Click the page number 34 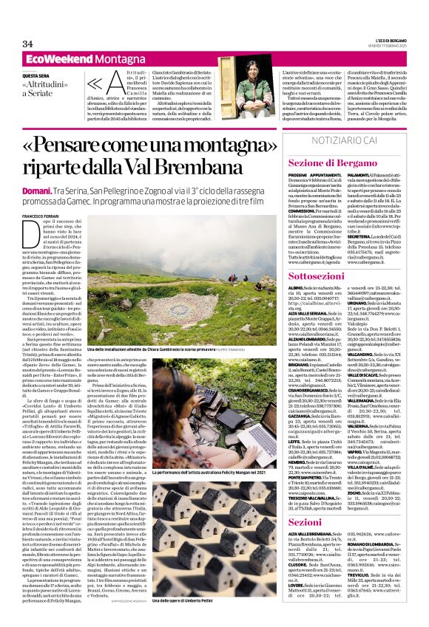click(29, 44)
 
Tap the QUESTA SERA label click(36, 75)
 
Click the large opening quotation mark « click(96, 86)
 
